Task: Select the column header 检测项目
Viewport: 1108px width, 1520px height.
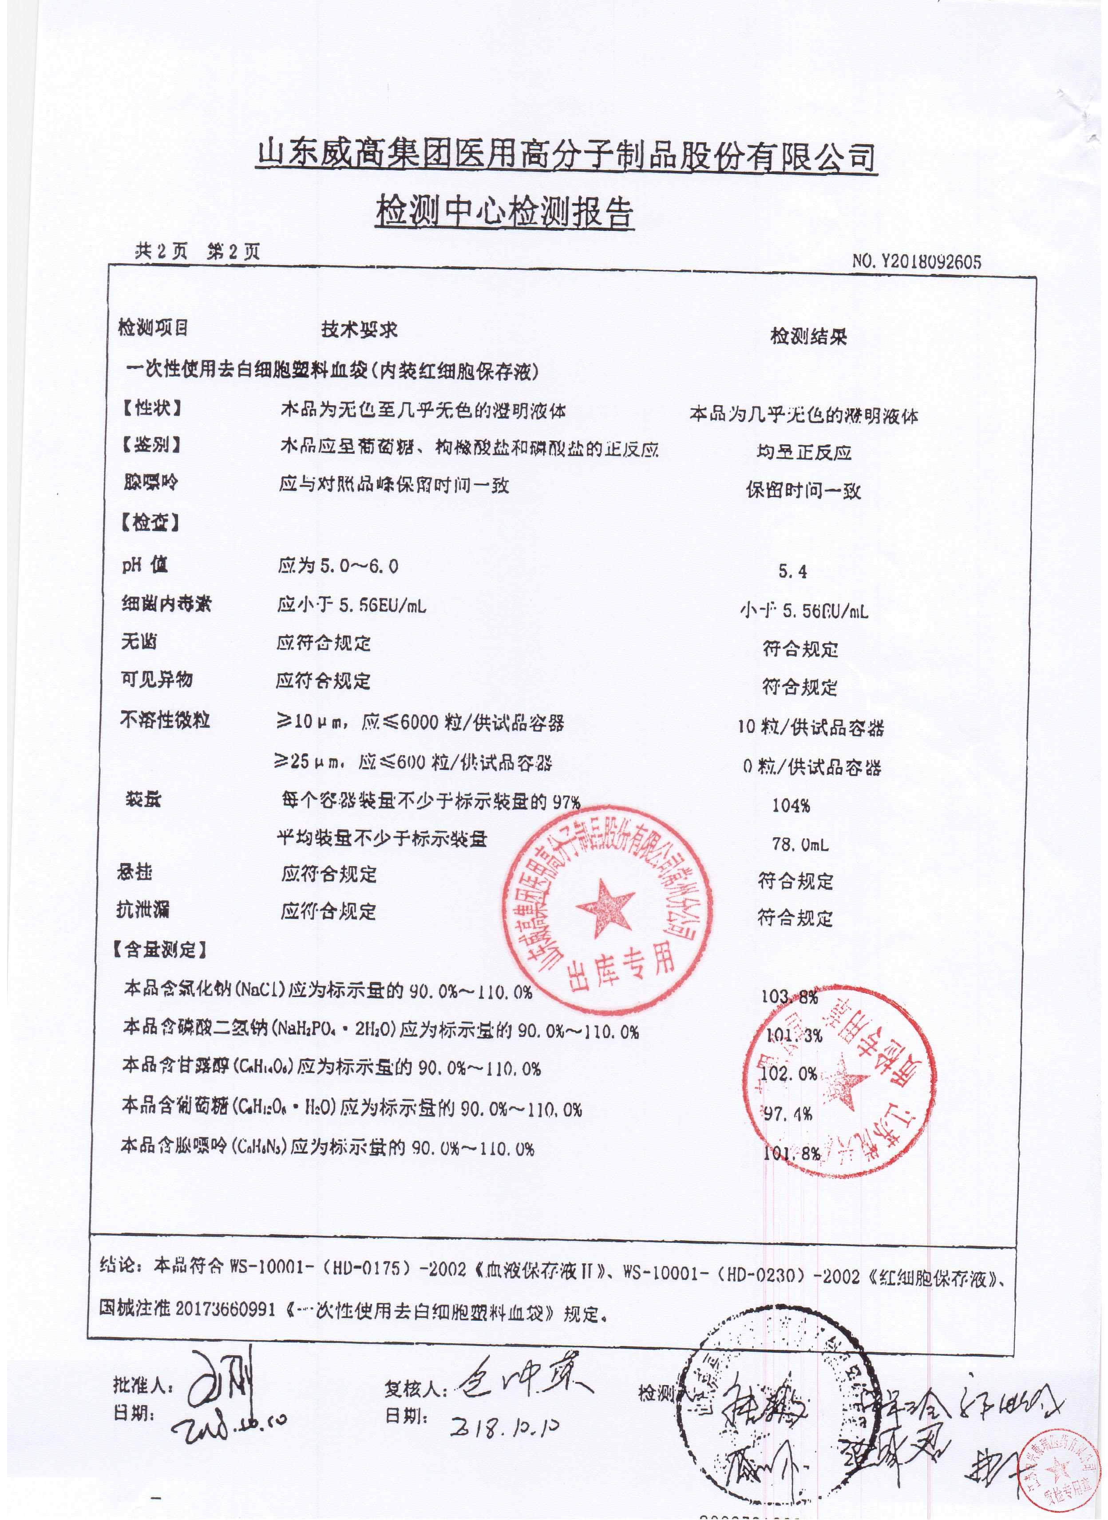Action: tap(152, 328)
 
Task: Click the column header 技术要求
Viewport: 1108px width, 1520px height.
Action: tap(360, 329)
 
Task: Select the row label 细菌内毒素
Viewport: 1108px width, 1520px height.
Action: tap(166, 604)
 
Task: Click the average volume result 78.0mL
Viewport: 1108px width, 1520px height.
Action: tap(799, 844)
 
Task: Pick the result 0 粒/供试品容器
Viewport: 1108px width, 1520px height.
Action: tap(811, 767)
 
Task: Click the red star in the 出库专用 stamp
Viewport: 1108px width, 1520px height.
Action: tap(605, 902)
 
